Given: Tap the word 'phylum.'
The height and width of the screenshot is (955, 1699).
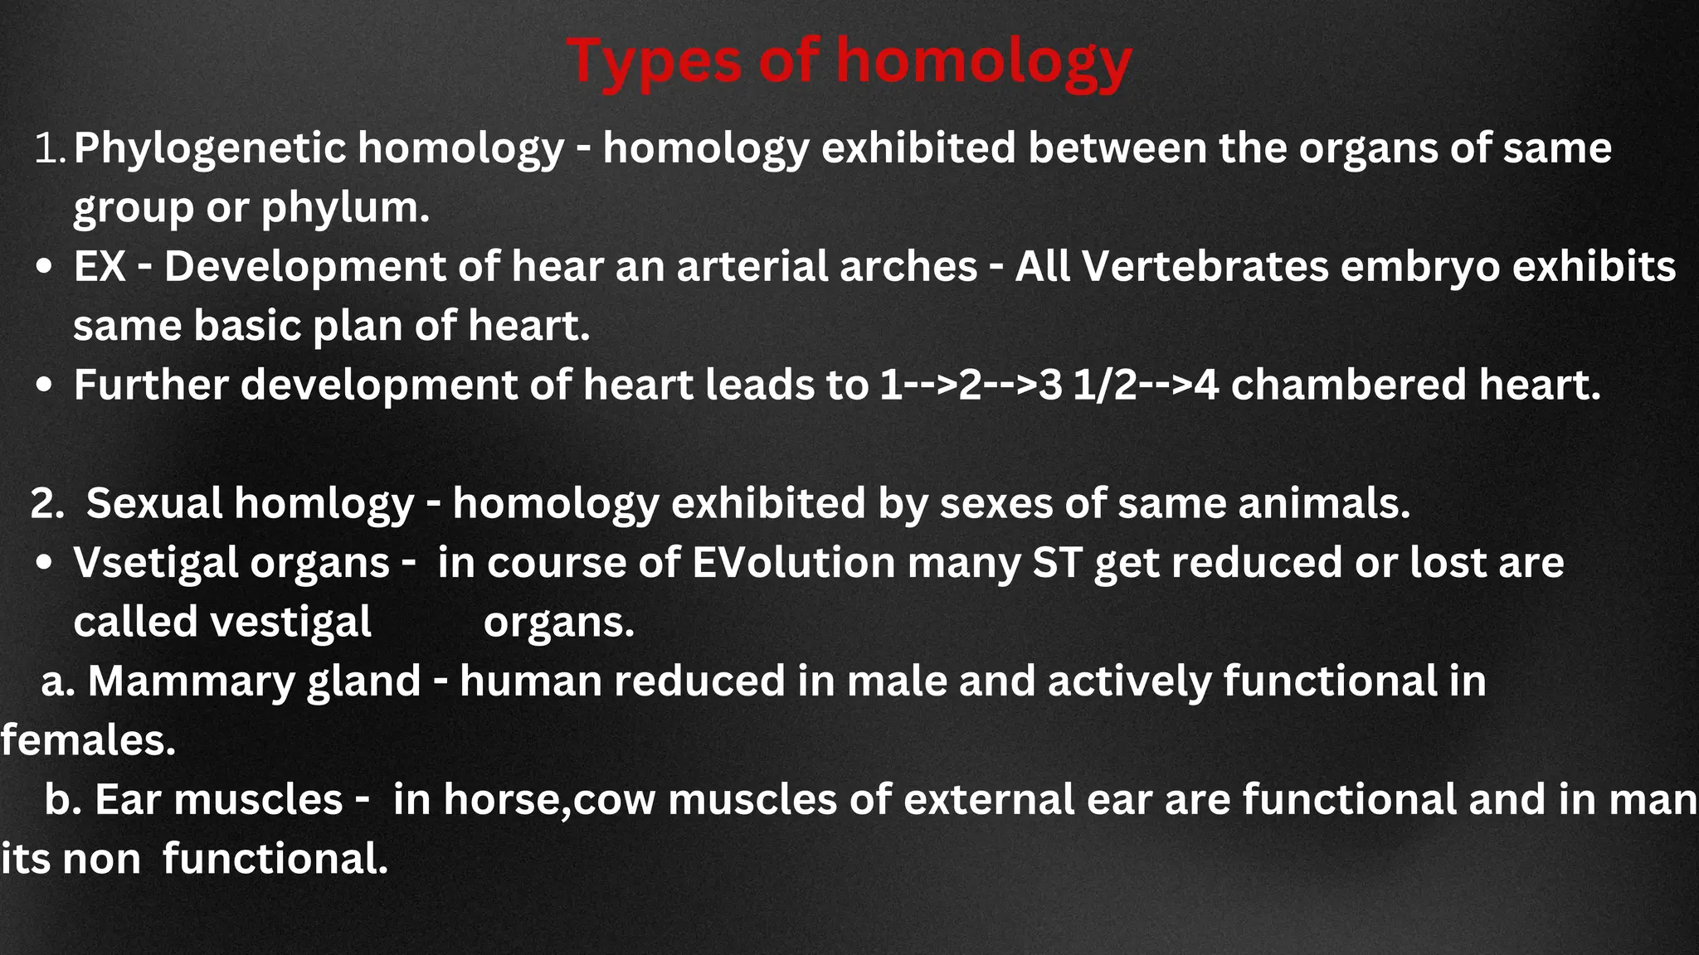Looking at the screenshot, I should point(345,207).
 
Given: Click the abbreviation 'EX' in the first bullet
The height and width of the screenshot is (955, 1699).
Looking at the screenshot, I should point(100,267).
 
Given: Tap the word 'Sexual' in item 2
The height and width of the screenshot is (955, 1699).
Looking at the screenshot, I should point(154,504).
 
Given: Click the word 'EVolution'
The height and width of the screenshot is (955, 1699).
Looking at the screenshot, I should point(793,564).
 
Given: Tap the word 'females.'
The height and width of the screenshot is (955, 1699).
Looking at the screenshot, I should point(88,740).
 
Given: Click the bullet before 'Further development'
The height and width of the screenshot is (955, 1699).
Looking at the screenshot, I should point(46,386).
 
